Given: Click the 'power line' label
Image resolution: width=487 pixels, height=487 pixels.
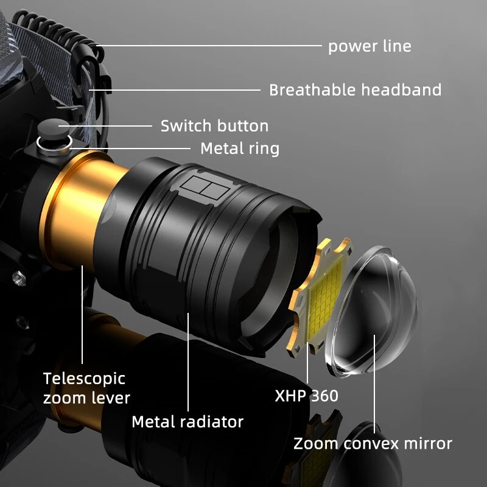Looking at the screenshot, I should (x=370, y=46).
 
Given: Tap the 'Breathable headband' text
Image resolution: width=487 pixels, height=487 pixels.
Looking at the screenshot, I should (x=355, y=90).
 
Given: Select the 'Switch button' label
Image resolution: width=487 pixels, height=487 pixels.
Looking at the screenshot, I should (x=214, y=126).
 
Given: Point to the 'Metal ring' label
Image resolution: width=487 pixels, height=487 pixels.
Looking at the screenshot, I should (x=239, y=148).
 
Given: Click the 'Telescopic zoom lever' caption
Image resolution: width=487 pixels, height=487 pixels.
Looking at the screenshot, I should (x=86, y=388).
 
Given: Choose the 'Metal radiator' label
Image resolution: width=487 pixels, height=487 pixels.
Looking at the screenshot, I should (x=187, y=421).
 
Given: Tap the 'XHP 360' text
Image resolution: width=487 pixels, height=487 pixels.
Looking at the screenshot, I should (x=306, y=396).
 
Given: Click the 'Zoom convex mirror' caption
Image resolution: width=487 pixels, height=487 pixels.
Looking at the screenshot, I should (x=373, y=443).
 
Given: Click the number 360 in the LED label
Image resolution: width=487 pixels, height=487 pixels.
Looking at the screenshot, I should (x=323, y=396).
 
